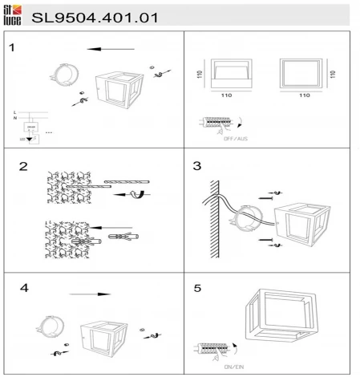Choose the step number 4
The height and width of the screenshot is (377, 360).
24,287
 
